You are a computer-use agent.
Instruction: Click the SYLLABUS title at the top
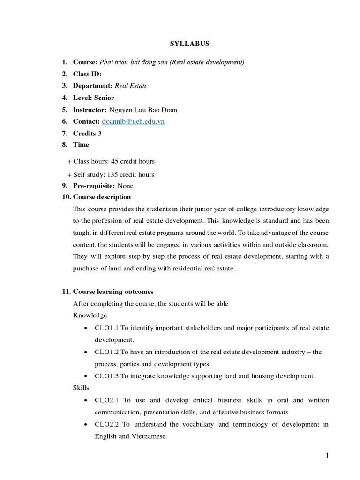(x=189, y=44)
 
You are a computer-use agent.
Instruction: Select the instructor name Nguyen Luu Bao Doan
(x=143, y=110)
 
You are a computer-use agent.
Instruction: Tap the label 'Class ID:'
(x=87, y=74)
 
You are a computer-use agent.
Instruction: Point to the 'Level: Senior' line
(x=93, y=98)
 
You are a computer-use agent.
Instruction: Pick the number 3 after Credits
(x=100, y=134)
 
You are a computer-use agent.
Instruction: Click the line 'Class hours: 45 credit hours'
(x=114, y=161)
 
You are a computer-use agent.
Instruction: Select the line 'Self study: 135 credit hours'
(x=113, y=174)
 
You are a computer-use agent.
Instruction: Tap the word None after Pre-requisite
(x=125, y=186)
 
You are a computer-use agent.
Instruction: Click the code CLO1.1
(x=106, y=328)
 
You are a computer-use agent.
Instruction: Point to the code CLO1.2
(x=106, y=352)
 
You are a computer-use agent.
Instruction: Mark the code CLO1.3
(x=106, y=376)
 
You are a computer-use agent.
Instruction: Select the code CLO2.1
(x=106, y=400)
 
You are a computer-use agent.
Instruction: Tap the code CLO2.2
(x=106, y=424)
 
